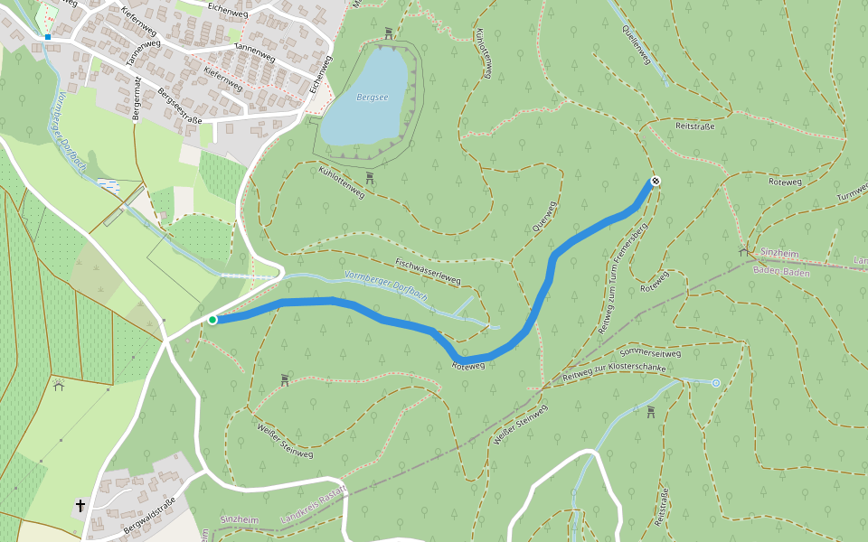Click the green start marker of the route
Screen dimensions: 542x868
[x=212, y=320]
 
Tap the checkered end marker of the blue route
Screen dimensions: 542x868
[x=656, y=182]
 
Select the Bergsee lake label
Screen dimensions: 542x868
[x=372, y=97]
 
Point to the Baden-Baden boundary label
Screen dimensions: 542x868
[x=780, y=270]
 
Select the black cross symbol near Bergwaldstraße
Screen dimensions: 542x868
[x=80, y=506]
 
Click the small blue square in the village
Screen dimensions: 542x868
[x=47, y=37]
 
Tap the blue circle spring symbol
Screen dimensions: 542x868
[x=716, y=383]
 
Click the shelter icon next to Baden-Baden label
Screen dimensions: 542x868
[x=743, y=252]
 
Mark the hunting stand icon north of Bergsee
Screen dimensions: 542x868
[x=389, y=33]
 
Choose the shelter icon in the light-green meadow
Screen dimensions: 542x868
[x=59, y=384]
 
